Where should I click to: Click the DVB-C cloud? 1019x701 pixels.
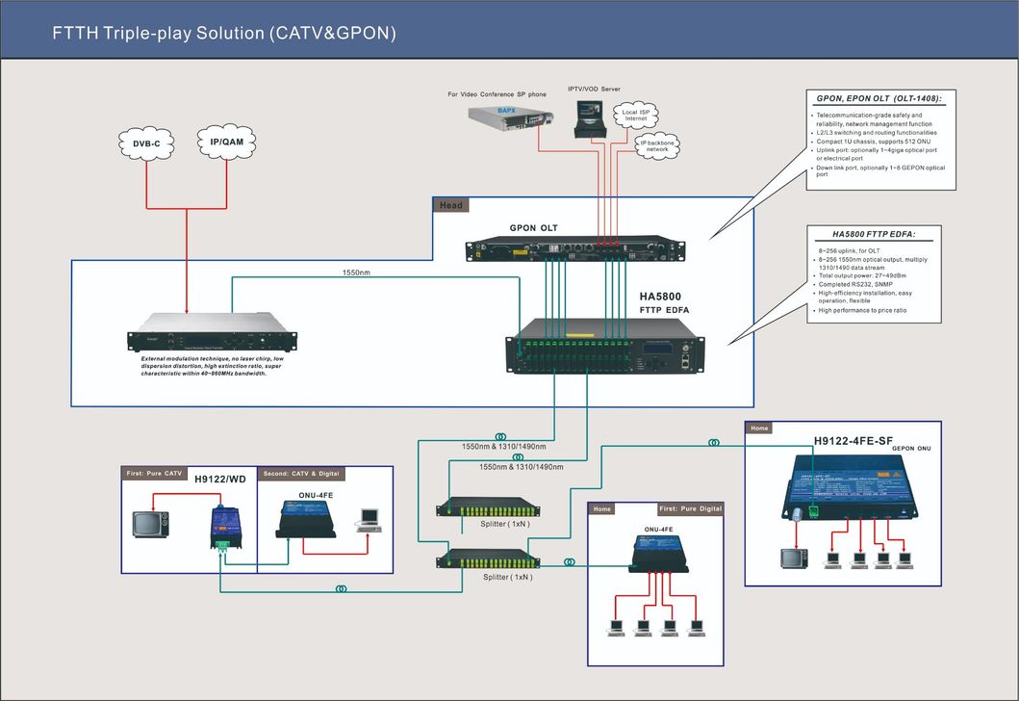[147, 143]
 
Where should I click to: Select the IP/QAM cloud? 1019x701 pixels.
[226, 142]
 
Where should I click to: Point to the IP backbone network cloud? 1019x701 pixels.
[657, 145]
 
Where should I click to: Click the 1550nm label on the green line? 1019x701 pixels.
[357, 273]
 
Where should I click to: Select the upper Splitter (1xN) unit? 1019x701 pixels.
[488, 506]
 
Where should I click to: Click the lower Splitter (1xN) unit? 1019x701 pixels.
[488, 559]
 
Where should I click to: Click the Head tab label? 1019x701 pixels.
[451, 205]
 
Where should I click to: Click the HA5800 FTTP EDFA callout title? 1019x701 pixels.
[874, 234]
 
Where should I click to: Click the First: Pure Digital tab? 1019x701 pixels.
[690, 508]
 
